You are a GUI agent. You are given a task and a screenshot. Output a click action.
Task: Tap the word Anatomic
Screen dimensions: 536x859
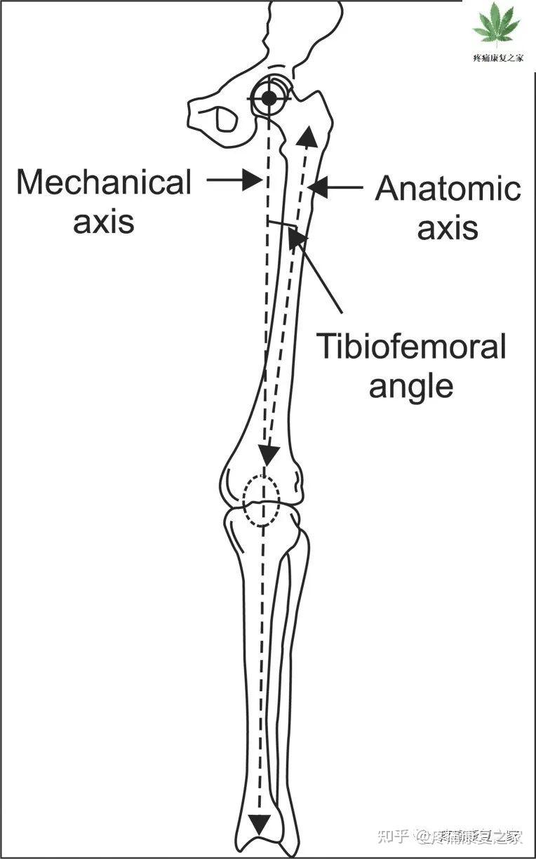(x=448, y=189)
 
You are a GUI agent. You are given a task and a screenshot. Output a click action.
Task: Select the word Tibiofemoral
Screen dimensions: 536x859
(x=411, y=347)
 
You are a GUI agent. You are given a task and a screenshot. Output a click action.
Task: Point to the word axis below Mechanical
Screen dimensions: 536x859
(x=104, y=222)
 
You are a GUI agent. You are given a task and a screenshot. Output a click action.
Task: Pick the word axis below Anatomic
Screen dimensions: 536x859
(x=448, y=228)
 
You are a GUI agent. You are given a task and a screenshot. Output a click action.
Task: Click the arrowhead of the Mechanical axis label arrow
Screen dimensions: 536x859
(x=255, y=180)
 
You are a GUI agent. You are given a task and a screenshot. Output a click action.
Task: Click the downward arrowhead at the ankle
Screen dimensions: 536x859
(x=261, y=823)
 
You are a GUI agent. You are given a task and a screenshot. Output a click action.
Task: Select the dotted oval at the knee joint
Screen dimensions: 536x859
(x=261, y=500)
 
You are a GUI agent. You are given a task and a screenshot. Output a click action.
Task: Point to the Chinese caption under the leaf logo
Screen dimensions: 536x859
(x=497, y=60)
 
